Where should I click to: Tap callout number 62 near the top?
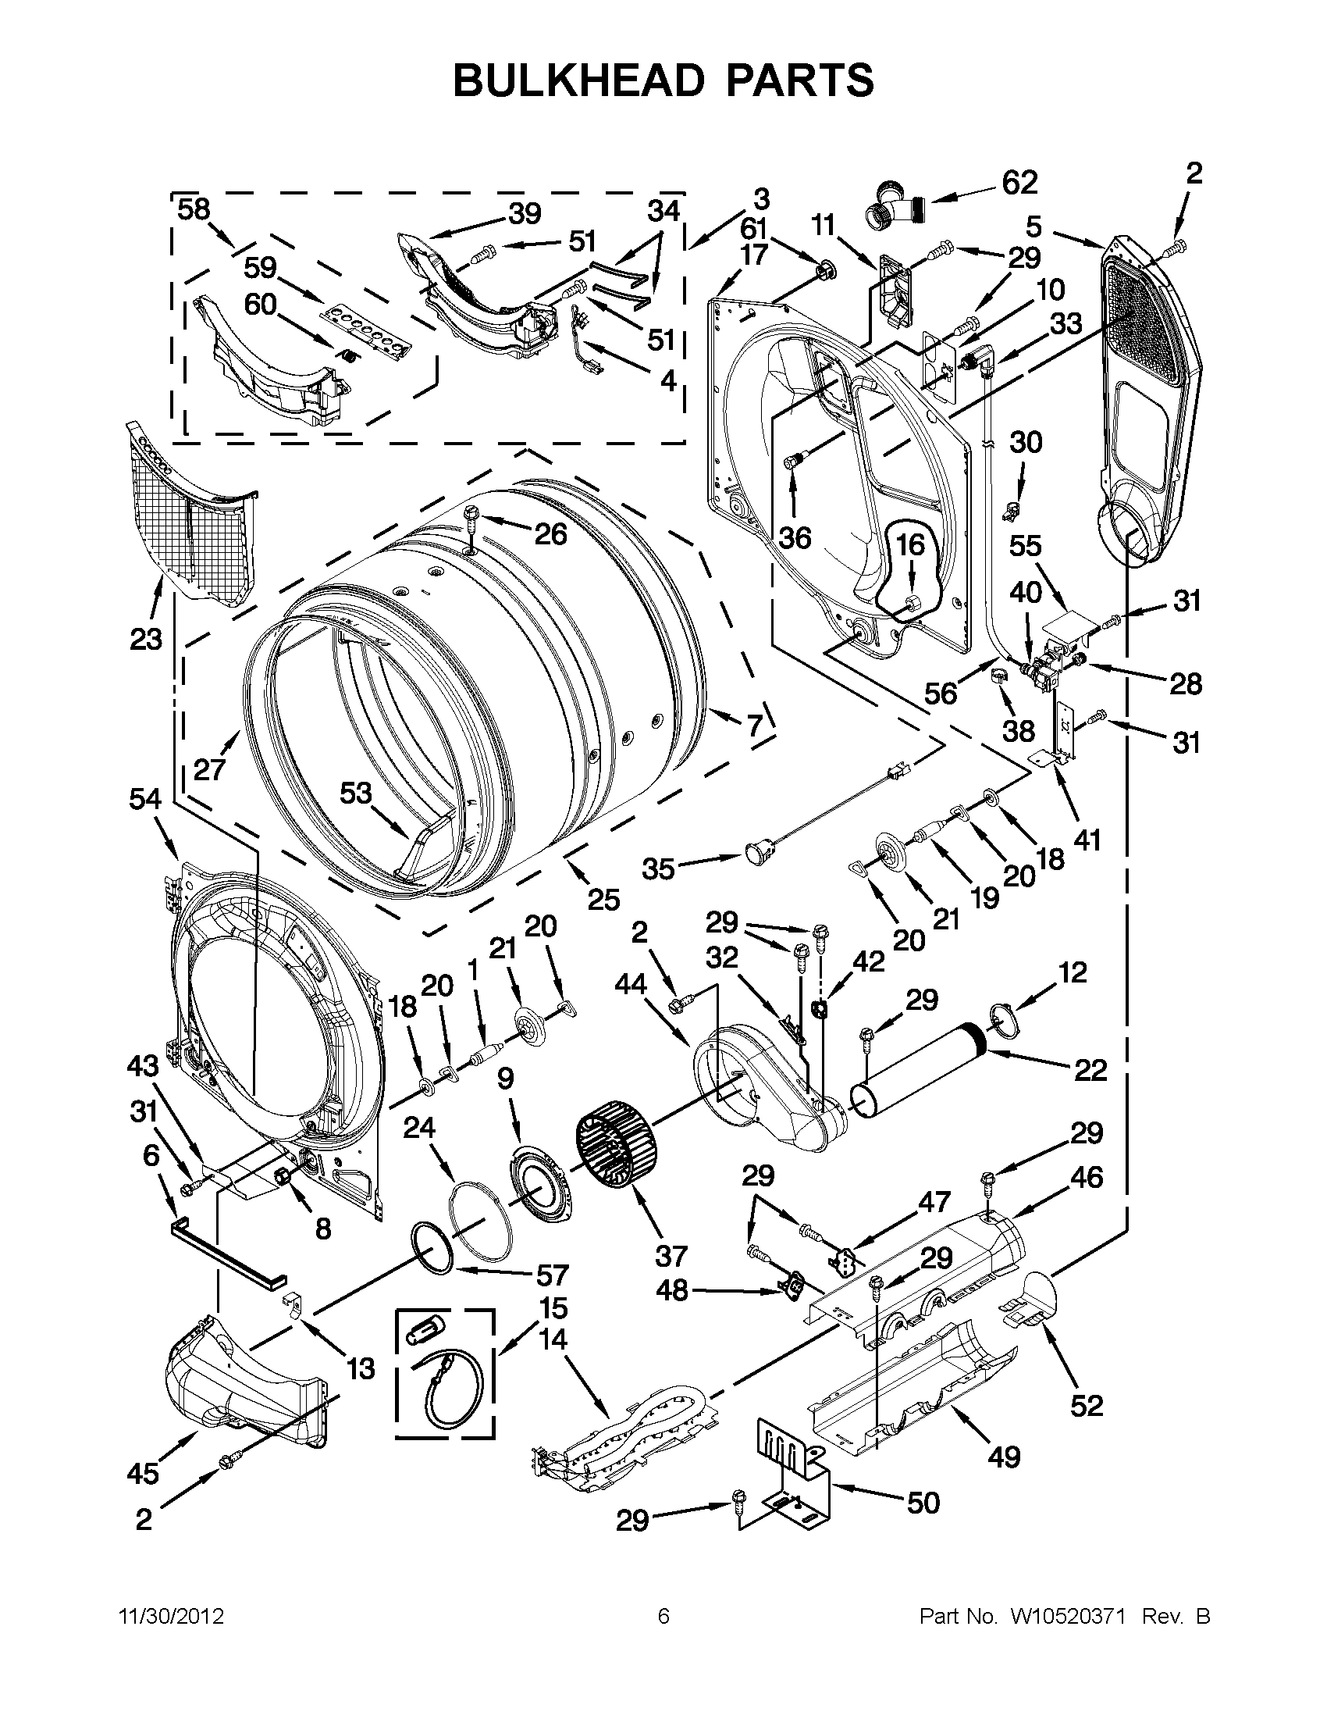point(1019,183)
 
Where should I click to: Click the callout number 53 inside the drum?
point(354,793)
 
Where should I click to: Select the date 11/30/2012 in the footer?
point(171,1617)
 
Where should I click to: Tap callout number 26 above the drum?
point(550,534)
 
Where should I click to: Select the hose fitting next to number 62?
point(896,203)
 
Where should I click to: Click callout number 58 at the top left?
point(194,209)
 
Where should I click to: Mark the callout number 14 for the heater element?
point(553,1338)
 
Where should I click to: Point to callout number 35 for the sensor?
point(657,869)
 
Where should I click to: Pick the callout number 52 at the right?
point(1087,1405)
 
